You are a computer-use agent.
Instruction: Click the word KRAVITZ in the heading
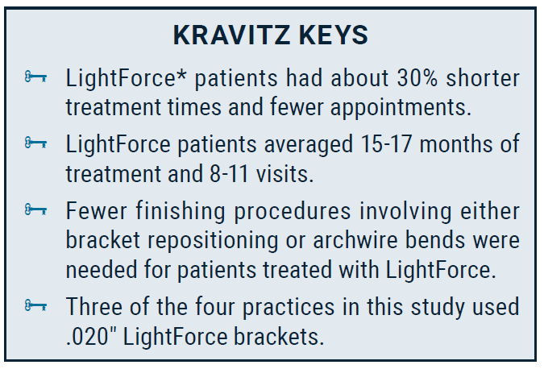click(x=231, y=35)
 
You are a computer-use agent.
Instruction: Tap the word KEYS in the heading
click(x=333, y=35)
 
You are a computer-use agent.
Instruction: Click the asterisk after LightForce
click(x=181, y=74)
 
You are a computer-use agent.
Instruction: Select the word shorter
click(x=483, y=78)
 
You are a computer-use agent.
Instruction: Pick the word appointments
click(x=401, y=107)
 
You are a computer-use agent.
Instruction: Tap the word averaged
click(x=309, y=145)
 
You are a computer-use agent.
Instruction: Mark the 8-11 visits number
click(x=229, y=174)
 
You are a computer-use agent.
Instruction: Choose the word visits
click(x=284, y=174)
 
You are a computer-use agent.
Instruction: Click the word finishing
click(x=180, y=211)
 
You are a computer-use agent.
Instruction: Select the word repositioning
click(x=213, y=241)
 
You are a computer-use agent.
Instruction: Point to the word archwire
click(x=355, y=240)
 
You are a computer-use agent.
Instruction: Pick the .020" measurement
click(x=92, y=337)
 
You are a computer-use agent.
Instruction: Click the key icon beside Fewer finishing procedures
click(x=35, y=210)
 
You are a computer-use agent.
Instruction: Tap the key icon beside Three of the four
click(x=35, y=306)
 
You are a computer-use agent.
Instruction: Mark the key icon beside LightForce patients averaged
click(x=35, y=143)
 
